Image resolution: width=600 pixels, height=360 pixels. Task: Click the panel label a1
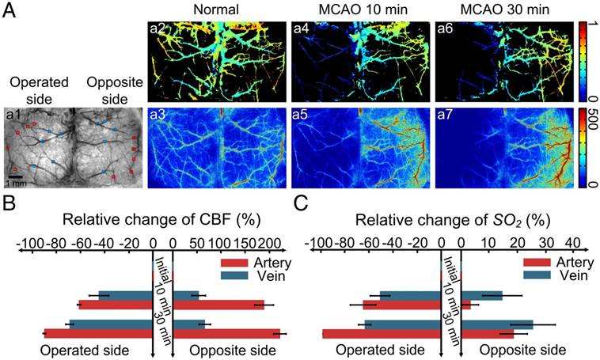13,116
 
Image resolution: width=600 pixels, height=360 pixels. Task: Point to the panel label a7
445,116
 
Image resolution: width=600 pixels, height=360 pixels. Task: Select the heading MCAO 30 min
481,10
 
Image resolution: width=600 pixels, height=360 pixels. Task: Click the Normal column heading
195,10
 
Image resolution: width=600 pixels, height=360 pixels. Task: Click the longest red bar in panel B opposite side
226,333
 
